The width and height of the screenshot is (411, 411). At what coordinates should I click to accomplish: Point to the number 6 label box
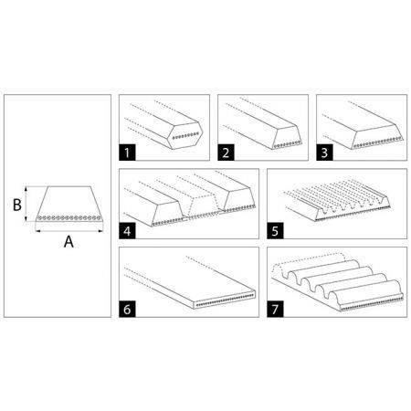tap(129, 311)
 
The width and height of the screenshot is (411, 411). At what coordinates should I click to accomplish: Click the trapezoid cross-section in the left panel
tap(68, 204)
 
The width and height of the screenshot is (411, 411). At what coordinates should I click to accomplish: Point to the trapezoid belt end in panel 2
tap(284, 138)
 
